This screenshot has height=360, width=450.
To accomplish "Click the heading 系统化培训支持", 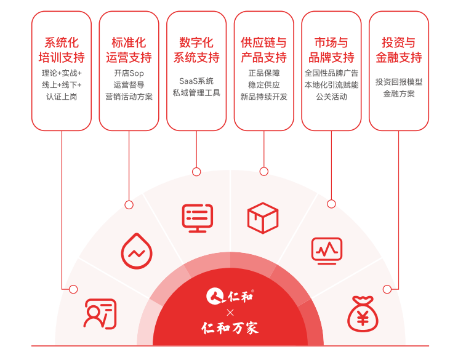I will coord(62,50).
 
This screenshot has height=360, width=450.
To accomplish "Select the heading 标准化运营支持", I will coord(129,50).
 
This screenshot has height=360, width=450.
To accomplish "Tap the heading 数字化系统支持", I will coord(196,50).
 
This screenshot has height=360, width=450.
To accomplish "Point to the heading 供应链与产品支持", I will coord(263,50).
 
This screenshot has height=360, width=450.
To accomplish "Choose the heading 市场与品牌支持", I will coord(331,50).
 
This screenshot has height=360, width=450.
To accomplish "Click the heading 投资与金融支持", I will coord(399,50).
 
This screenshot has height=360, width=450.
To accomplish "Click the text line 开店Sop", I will coord(129,73).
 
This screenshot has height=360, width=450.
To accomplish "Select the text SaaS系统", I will coord(196,81).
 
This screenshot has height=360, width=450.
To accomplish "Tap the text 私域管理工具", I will coord(196,93).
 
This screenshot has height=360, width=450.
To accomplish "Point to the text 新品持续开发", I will coord(263,97).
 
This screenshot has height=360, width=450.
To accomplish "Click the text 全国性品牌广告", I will coord(331,73).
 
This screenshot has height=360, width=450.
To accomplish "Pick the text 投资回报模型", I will coord(399,82).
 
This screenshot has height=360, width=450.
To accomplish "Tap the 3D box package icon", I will coord(263,217).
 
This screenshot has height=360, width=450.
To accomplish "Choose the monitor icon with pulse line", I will coord(326,250).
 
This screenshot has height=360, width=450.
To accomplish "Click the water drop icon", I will coord(135,250).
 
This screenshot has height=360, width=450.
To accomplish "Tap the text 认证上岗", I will coord(62,97).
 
